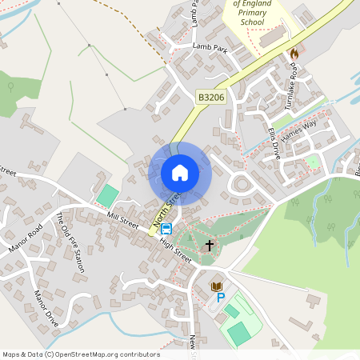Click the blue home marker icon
[x=180, y=173]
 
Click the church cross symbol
[x=210, y=246]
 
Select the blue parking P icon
[x=221, y=298]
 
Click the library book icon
[x=215, y=286]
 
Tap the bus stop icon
[x=166, y=229]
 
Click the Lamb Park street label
[x=210, y=47]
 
